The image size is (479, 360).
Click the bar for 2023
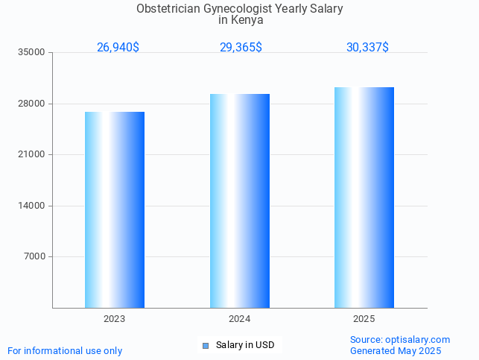pyautogui.click(x=115, y=209)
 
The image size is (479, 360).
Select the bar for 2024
pyautogui.click(x=239, y=200)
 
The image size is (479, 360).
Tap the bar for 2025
pyautogui.click(x=364, y=198)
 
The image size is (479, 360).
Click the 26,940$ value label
pyautogui.click(x=118, y=48)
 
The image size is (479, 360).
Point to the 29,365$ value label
pyautogui.click(x=241, y=48)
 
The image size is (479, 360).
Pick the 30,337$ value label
pyautogui.click(x=367, y=48)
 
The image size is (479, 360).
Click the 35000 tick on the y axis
pyautogui.click(x=32, y=53)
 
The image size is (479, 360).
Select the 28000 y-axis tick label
pyautogui.click(x=32, y=104)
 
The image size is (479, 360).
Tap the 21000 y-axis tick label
pyautogui.click(x=32, y=155)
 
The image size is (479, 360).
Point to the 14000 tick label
pyautogui.click(x=32, y=206)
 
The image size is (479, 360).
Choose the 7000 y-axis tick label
pyautogui.click(x=34, y=257)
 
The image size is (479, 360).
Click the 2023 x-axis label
pyautogui.click(x=114, y=319)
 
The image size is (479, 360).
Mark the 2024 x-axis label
pyautogui.click(x=239, y=319)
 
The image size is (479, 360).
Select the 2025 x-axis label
pyautogui.click(x=364, y=319)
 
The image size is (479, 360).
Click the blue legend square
pyautogui.click(x=206, y=345)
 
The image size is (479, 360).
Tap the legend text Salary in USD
pyautogui.click(x=245, y=345)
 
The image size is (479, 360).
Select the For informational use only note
pyautogui.click(x=65, y=350)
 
